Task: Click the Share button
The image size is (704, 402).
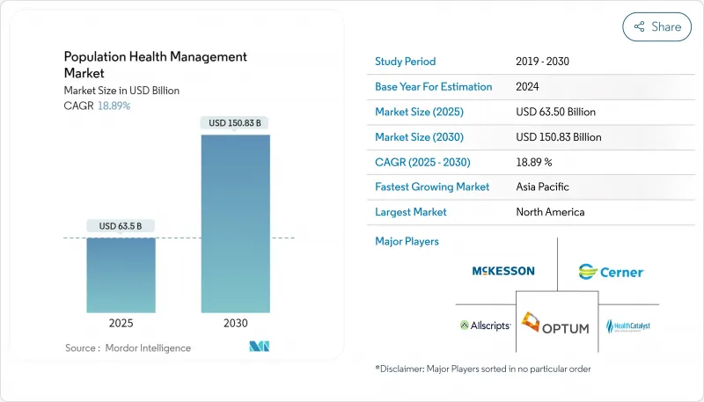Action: [656, 26]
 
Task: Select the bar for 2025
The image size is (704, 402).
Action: [121, 274]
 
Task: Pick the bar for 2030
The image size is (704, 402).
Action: [235, 223]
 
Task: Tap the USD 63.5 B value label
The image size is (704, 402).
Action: [121, 225]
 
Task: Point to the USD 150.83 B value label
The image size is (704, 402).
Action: [235, 122]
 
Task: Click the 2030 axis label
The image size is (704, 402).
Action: [235, 323]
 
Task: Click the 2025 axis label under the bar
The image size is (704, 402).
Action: [121, 323]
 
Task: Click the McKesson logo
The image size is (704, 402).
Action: [503, 271]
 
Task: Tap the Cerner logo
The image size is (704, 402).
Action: [611, 272]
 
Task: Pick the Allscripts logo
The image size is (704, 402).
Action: [485, 325]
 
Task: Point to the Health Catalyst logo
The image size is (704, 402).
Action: [628, 326]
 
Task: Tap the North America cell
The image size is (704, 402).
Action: [550, 212]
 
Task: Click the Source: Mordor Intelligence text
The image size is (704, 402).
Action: [128, 348]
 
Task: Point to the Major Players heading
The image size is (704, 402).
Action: [407, 241]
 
